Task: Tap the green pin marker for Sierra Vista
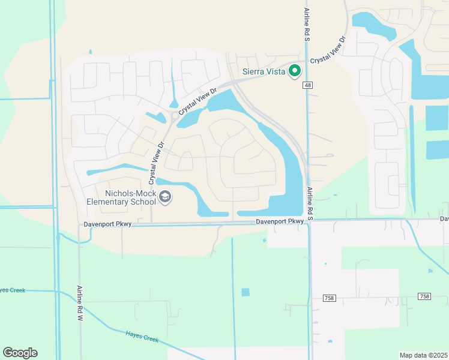coord(295,71)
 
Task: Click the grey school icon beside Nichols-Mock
coord(166,197)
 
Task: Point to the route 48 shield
coord(307,86)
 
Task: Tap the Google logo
coord(20,353)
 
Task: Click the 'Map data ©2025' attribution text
coord(423,355)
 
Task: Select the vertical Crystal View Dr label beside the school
coord(156,163)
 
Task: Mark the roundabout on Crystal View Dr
coord(173,116)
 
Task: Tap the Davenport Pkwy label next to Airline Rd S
coord(280,221)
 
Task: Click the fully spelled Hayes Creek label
coord(142,337)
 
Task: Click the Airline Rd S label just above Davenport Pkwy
coord(310,203)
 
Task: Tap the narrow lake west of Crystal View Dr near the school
coord(117,169)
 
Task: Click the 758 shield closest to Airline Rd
coord(329,297)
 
